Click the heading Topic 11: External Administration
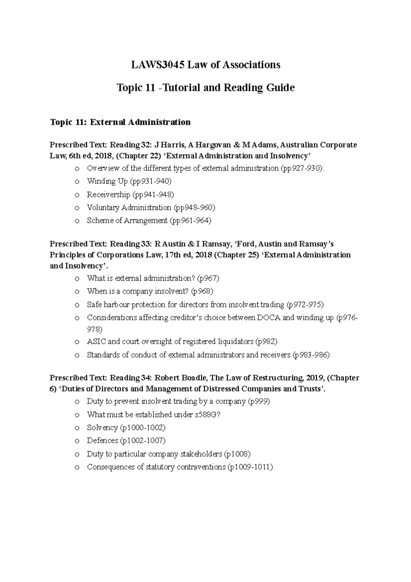pyautogui.click(x=120, y=122)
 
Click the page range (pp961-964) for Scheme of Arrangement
pyautogui.click(x=190, y=221)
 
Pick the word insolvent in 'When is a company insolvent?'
pyautogui.click(x=172, y=291)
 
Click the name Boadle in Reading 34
pyautogui.click(x=195, y=378)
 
